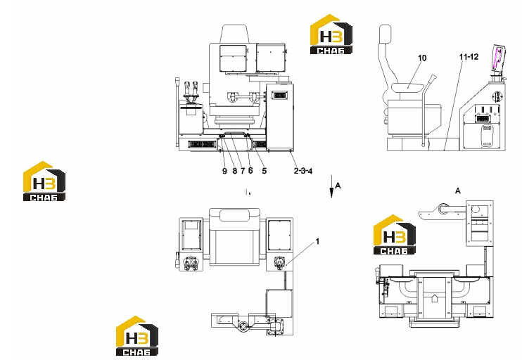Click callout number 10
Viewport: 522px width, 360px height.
click(422, 58)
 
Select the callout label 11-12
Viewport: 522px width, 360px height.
click(469, 57)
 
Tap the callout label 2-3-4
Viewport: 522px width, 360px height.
click(303, 171)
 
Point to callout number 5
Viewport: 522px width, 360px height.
click(265, 171)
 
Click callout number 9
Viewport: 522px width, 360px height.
click(224, 171)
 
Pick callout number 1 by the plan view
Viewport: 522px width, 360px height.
click(317, 241)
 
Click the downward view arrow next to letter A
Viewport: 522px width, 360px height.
click(331, 186)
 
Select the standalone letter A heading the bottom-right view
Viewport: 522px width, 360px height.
click(458, 191)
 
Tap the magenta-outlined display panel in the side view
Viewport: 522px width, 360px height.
click(498, 58)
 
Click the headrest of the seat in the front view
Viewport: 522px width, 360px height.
click(235, 34)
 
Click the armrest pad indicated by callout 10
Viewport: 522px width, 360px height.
click(408, 88)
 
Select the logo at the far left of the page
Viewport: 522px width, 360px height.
click(44, 181)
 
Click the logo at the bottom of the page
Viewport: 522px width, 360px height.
click(136, 336)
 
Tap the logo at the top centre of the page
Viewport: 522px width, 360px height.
click(331, 34)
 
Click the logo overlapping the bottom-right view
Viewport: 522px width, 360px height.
click(395, 235)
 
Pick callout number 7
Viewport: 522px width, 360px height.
click(243, 171)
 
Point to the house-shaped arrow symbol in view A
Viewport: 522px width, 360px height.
click(434, 297)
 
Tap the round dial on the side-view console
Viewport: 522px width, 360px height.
click(497, 97)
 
